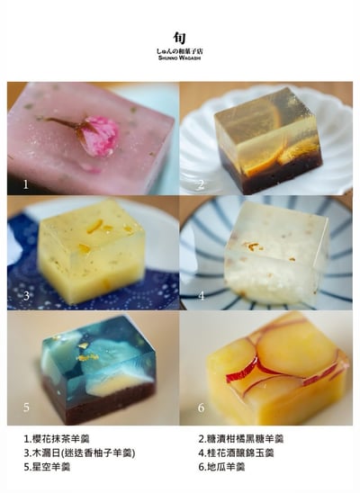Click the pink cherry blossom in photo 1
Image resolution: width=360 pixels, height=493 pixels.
[x=96, y=136]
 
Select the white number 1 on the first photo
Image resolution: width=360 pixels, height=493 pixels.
[x=25, y=184]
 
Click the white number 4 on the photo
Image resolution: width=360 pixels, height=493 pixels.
[x=201, y=295]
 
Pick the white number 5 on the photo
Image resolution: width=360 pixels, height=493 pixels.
[x=26, y=406]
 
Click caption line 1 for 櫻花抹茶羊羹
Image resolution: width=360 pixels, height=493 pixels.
[x=65, y=439]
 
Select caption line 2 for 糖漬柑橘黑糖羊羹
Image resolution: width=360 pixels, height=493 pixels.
[x=240, y=439]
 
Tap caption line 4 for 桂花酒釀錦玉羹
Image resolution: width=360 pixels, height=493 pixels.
[x=236, y=453]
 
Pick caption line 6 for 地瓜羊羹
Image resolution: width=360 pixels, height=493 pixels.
[x=223, y=467]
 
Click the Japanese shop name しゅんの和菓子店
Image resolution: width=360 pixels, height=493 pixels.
[x=181, y=54]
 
